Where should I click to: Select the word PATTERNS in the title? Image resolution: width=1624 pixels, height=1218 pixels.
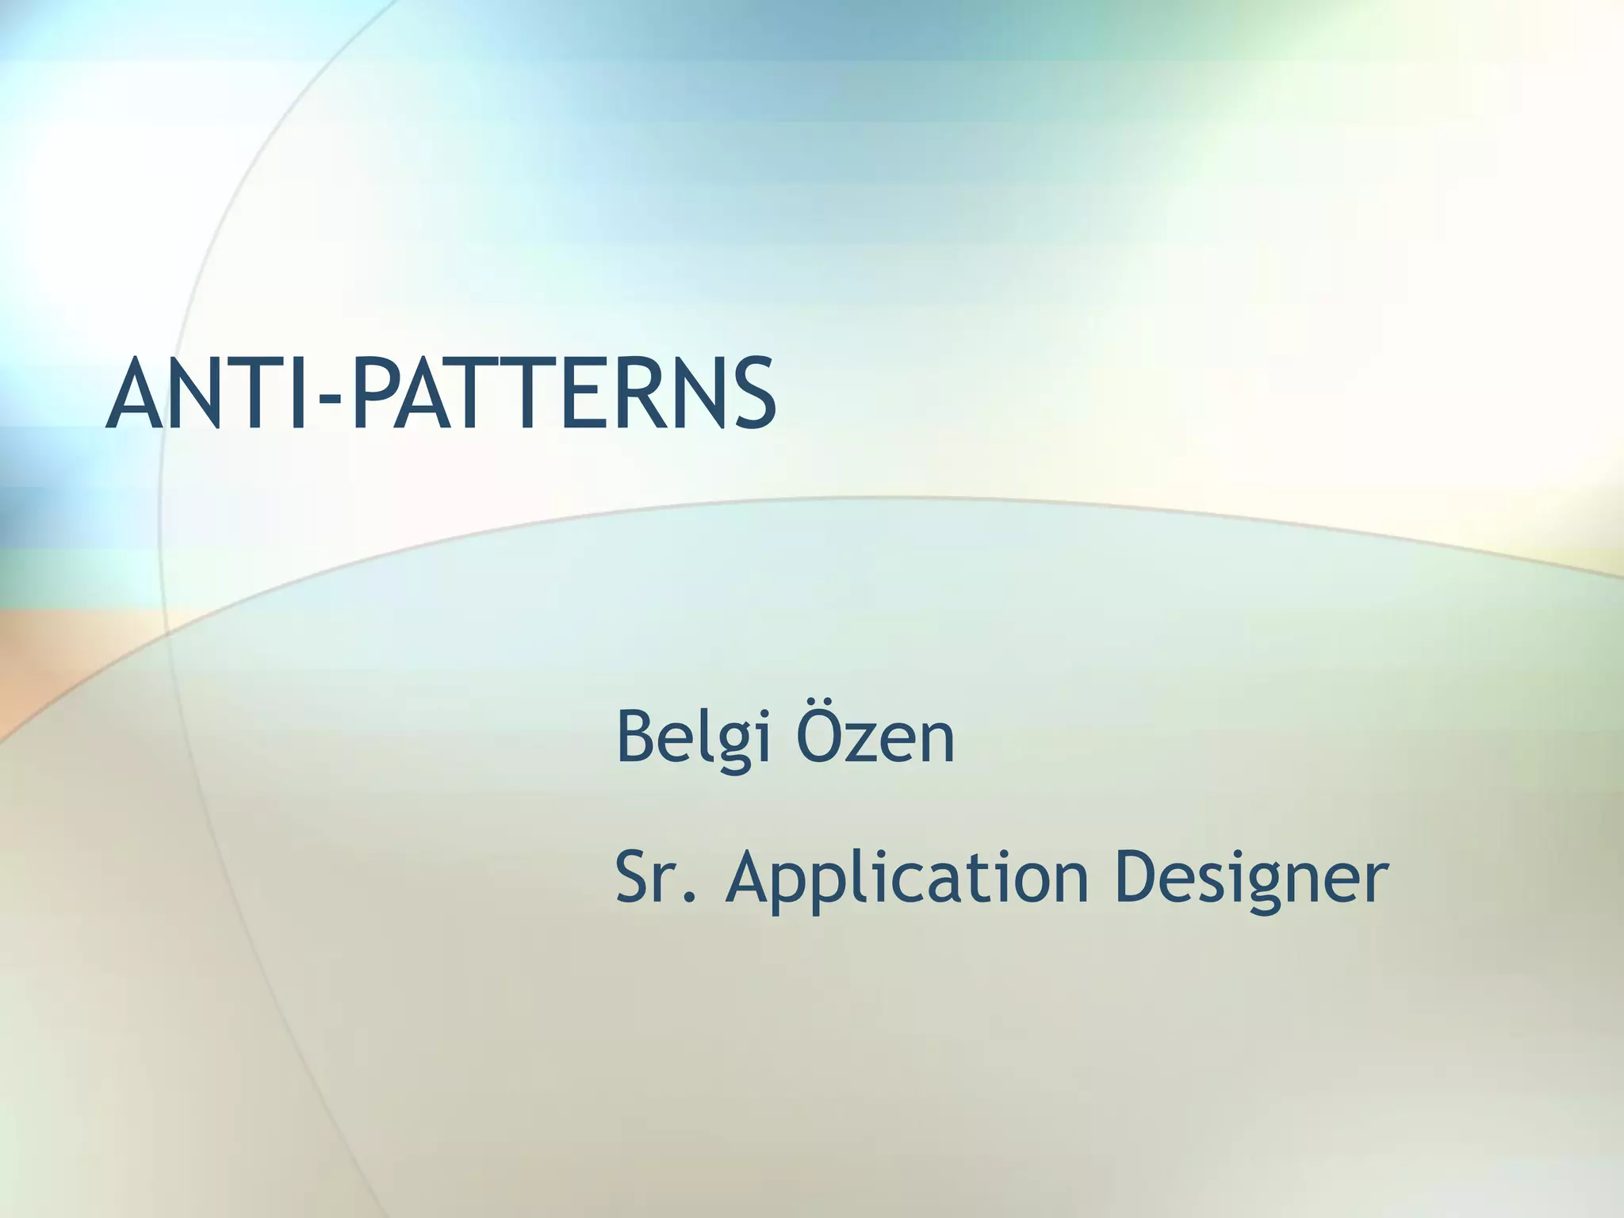pos(563,394)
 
